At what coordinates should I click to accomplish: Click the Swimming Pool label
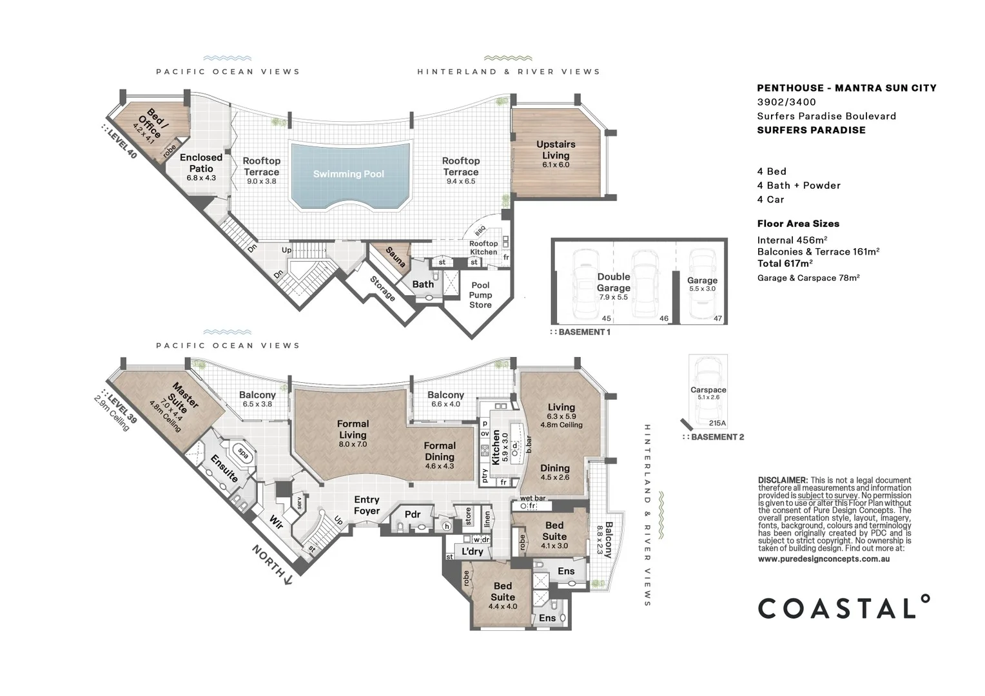coord(348,174)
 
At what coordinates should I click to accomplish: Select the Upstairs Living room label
coord(556,150)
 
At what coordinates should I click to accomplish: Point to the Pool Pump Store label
coord(480,295)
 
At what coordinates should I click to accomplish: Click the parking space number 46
coord(664,318)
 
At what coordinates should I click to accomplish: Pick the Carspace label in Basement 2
coord(708,390)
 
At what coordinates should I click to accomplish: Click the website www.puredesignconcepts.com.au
coord(824,559)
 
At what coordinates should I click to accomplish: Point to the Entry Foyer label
coord(367,505)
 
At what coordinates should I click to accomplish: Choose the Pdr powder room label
coord(413,514)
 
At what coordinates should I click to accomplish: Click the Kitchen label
coord(496,448)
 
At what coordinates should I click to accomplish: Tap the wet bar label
coord(533,498)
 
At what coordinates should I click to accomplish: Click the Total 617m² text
coord(785,264)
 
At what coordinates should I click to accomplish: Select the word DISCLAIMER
coord(783,480)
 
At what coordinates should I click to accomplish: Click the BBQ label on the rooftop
coord(480,230)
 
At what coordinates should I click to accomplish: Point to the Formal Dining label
coord(440,451)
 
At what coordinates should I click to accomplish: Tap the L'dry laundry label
coord(472,551)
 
